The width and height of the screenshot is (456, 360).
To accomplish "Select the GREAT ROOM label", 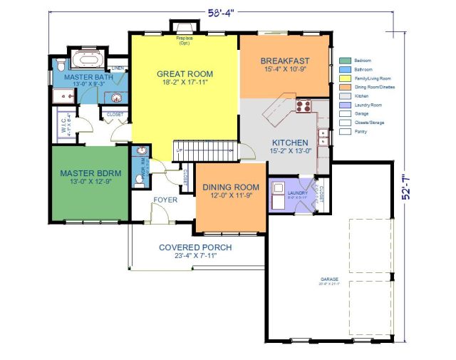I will pos(185,73).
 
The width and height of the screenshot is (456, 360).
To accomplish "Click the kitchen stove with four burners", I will pos(304,108).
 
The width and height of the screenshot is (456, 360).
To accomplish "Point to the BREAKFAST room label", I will pos(284,61).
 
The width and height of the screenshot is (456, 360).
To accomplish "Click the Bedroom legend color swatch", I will pos(346,61).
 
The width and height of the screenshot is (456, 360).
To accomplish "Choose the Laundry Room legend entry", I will pos(368,105).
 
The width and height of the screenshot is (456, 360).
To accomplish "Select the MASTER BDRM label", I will pos(89,173).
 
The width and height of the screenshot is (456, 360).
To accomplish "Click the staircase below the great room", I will pos(204,150).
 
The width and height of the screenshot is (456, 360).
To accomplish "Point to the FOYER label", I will pos(165,200).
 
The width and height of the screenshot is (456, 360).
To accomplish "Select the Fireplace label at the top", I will pos(185,40).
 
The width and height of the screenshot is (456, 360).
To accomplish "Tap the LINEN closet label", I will pos(119,68).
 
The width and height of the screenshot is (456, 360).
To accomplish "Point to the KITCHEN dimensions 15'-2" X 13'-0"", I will pos(284,151).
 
